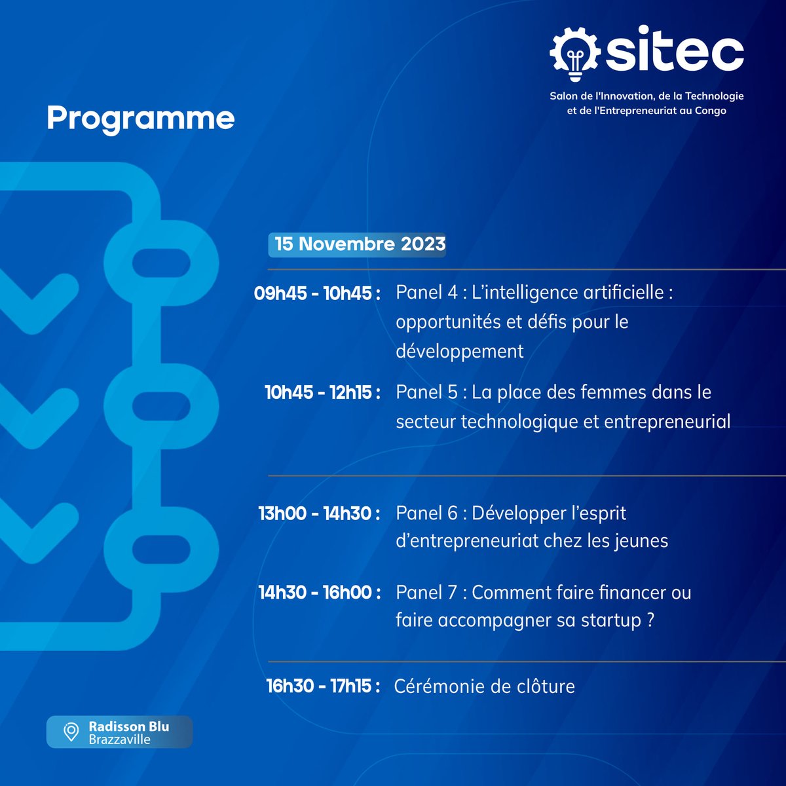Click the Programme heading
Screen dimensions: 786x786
[140, 119]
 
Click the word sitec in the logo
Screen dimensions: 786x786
[674, 50]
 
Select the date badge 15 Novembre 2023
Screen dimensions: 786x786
[359, 244]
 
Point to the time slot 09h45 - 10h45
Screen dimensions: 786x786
[317, 293]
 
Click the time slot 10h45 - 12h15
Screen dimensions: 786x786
[322, 392]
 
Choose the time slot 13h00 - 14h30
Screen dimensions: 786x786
[319, 513]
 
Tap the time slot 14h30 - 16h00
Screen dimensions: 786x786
[319, 592]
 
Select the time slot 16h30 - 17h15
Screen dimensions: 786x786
[322, 686]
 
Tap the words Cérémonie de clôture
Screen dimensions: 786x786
[484, 686]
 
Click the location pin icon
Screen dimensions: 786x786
[71, 732]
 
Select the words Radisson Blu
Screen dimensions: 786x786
[128, 726]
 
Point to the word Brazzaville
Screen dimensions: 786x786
[119, 739]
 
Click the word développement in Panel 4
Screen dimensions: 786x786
[459, 351]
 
